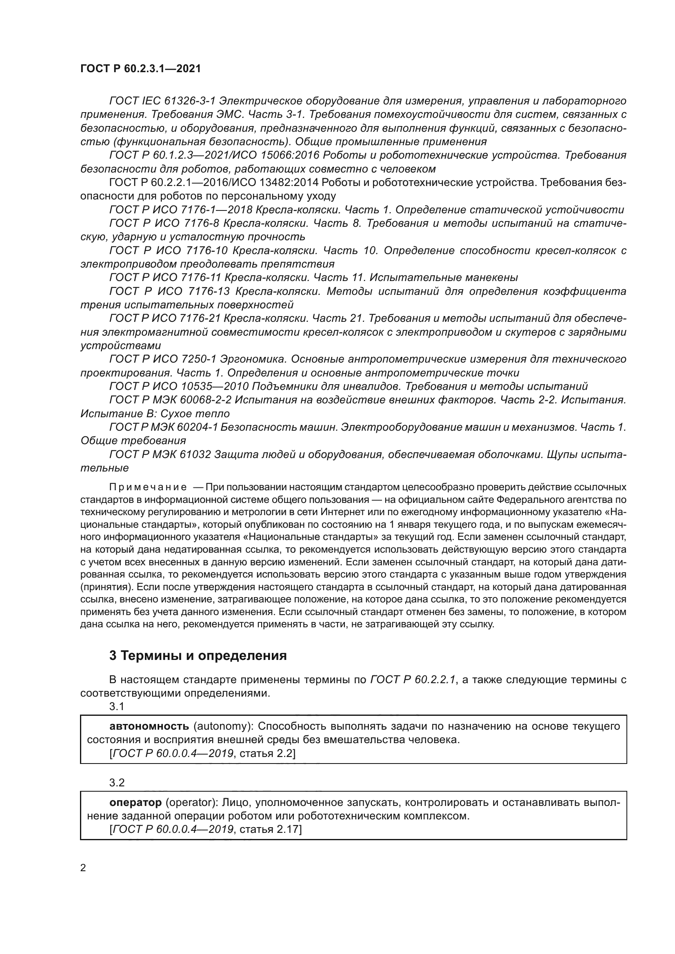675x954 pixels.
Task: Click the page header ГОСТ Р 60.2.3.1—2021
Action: coord(140,69)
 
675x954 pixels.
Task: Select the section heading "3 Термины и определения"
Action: coord(198,656)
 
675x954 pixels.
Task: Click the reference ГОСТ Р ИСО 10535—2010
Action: coord(179,386)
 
